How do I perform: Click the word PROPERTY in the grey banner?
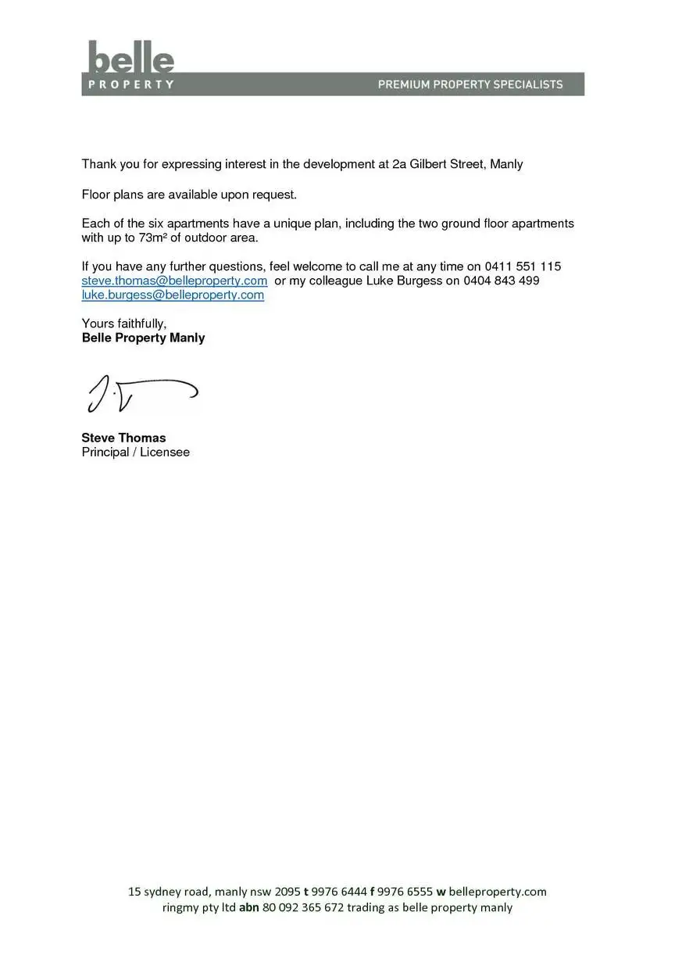pyautogui.click(x=130, y=84)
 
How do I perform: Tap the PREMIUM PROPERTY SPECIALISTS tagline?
pyautogui.click(x=470, y=84)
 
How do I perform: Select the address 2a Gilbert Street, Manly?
pyautogui.click(x=457, y=165)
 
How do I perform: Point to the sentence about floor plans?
pyautogui.click(x=190, y=195)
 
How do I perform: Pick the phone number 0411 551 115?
pyautogui.click(x=523, y=266)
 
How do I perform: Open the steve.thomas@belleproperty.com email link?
pyautogui.click(x=174, y=281)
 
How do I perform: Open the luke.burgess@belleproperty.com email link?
pyautogui.click(x=173, y=295)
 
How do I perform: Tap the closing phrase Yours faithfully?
pyautogui.click(x=124, y=324)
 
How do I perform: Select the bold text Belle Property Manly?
pyautogui.click(x=143, y=338)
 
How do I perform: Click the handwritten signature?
pyautogui.click(x=141, y=394)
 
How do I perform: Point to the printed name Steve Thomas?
pyautogui.click(x=123, y=438)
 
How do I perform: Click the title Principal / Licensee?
pyautogui.click(x=135, y=452)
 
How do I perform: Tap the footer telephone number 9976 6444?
pyautogui.click(x=339, y=892)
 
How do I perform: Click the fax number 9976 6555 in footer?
pyautogui.click(x=405, y=892)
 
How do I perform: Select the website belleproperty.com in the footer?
pyautogui.click(x=498, y=892)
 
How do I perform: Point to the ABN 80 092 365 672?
pyautogui.click(x=302, y=908)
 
